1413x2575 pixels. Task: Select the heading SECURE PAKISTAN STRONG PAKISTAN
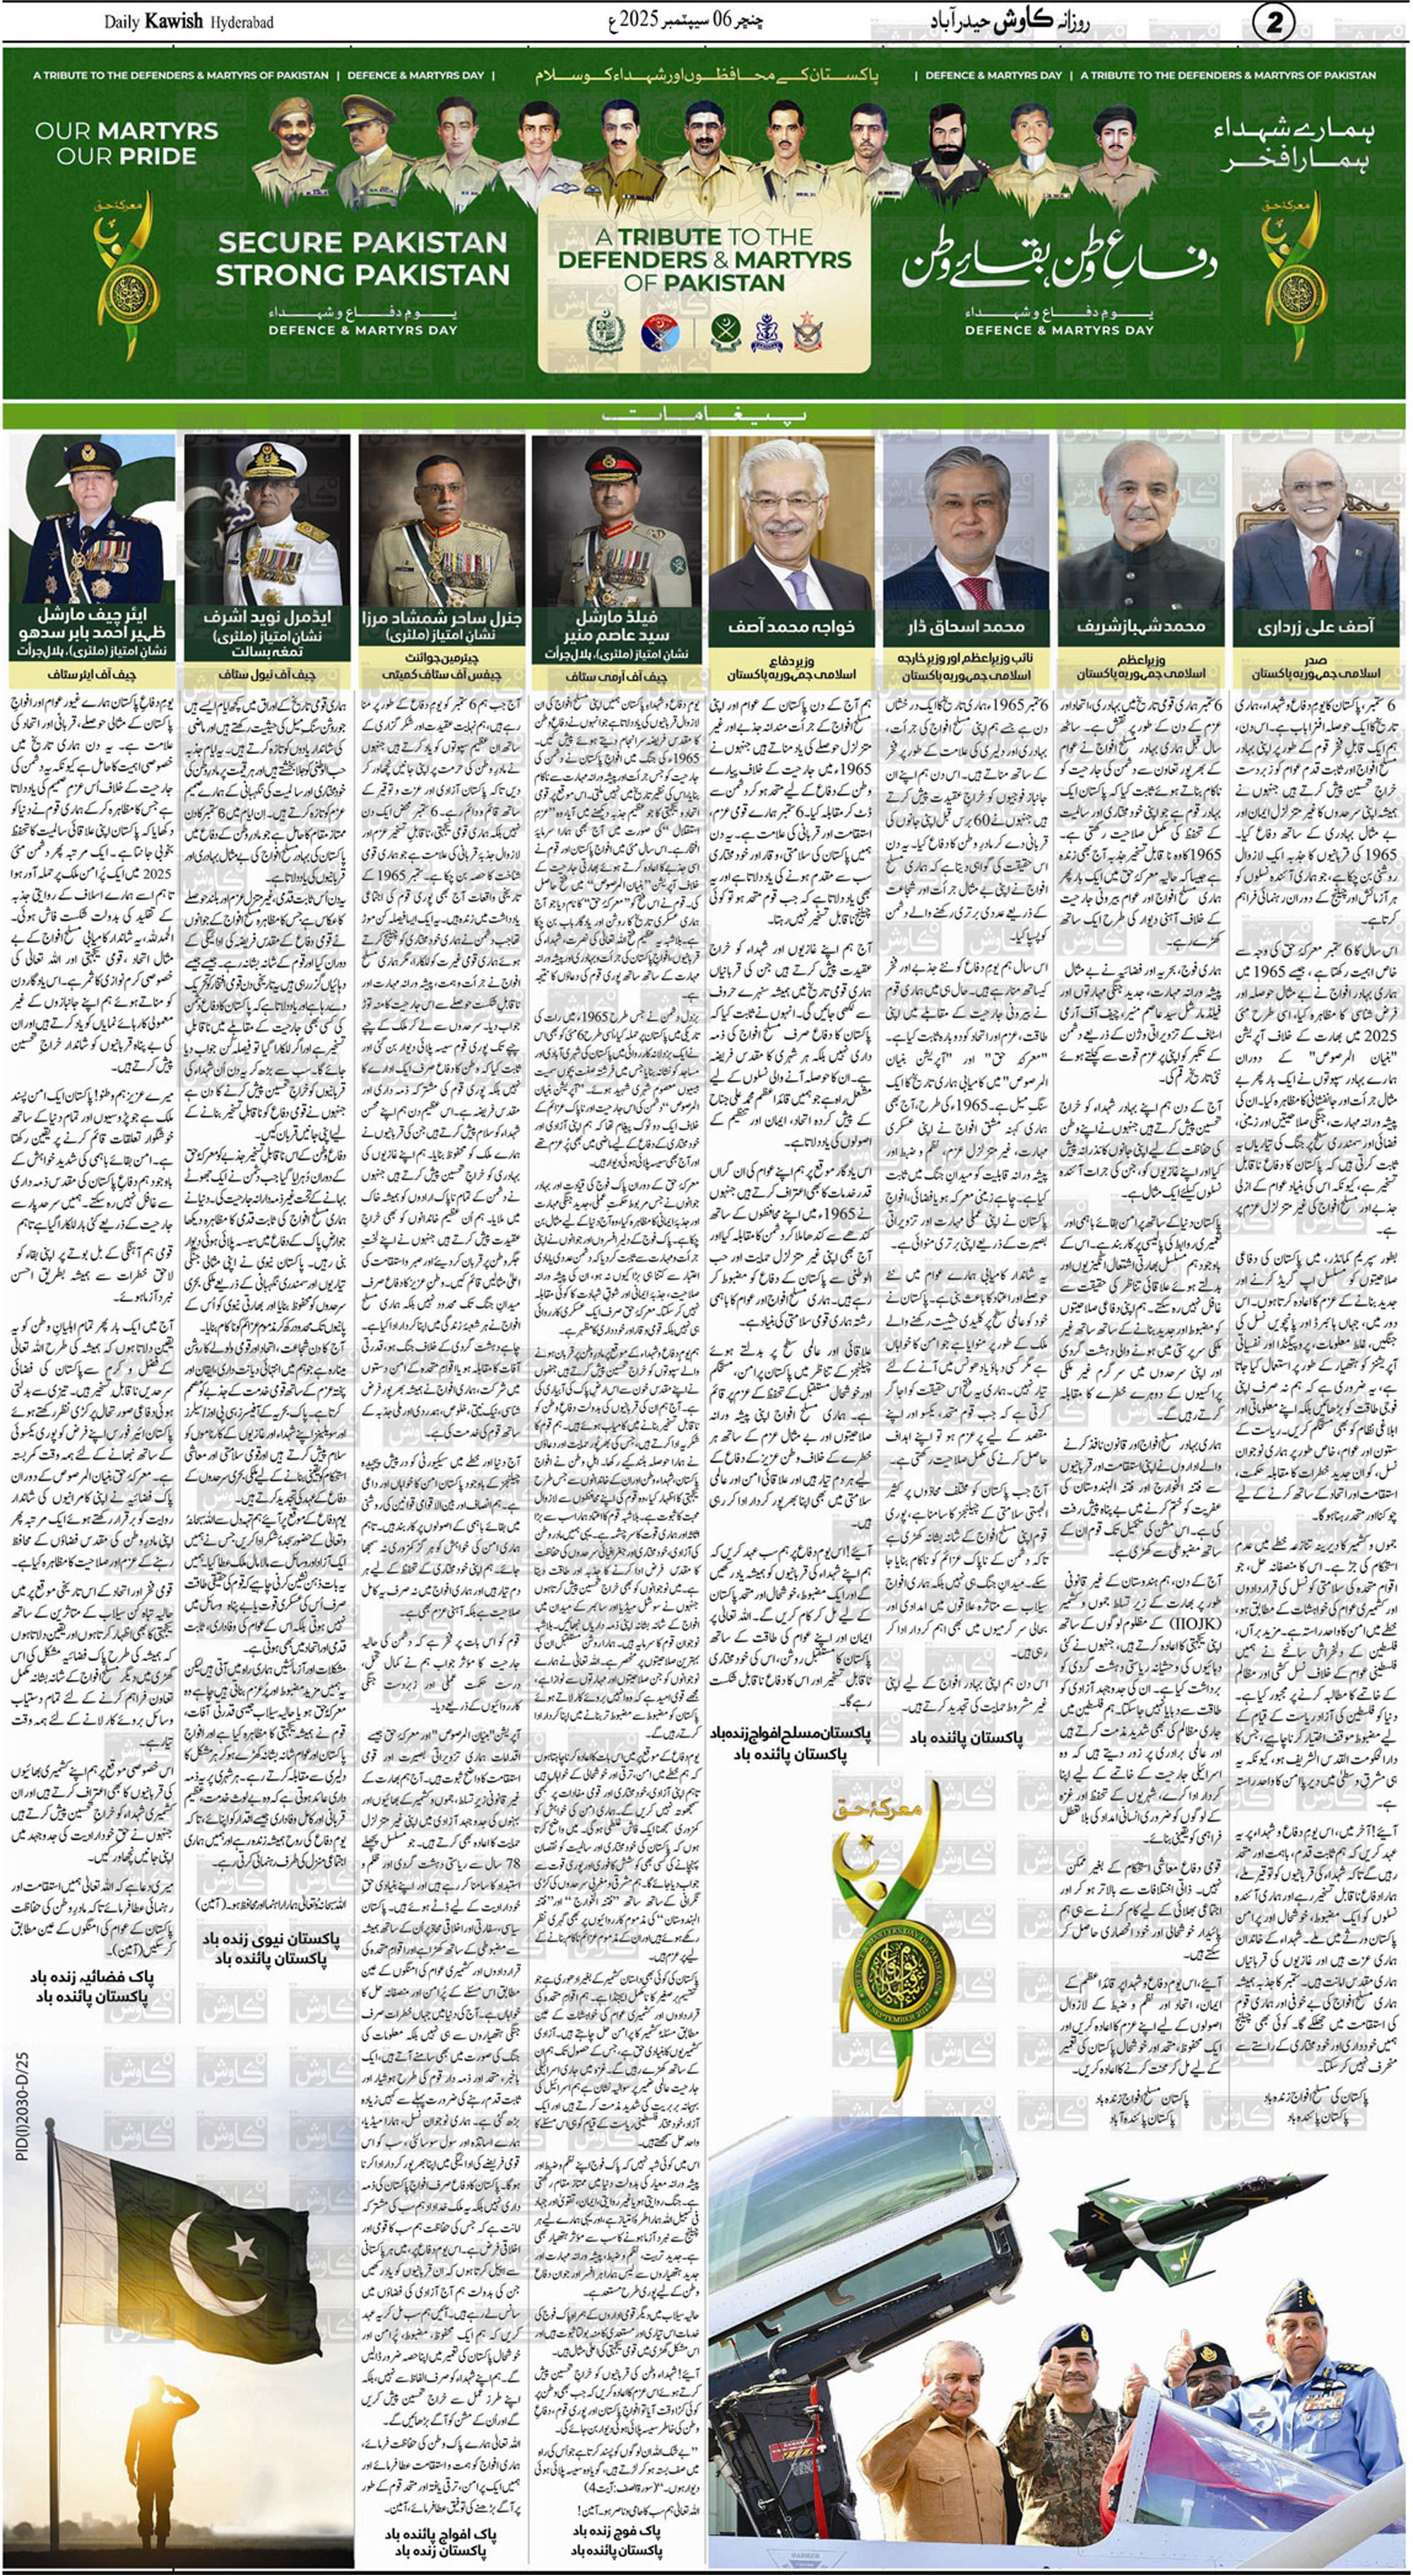[362, 258]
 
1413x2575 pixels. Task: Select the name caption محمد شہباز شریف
[1140, 627]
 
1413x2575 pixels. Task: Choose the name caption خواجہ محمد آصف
[791, 627]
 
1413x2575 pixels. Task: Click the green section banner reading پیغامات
[706, 415]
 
